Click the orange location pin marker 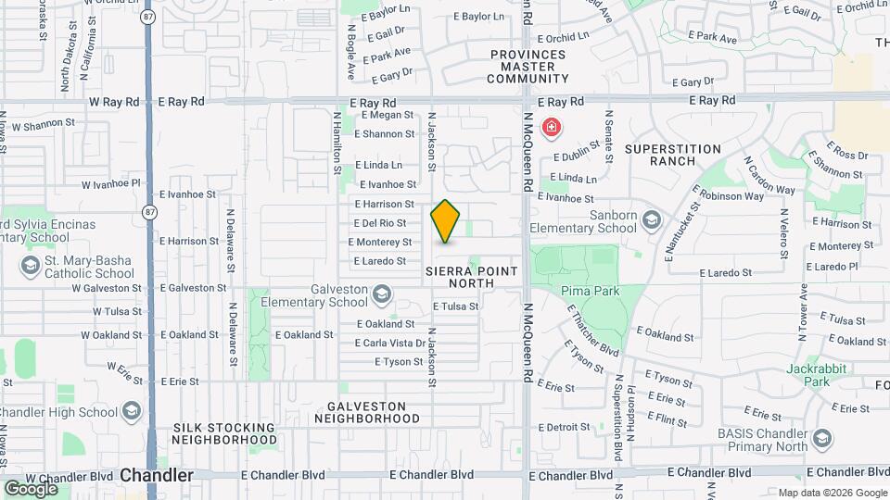pyautogui.click(x=446, y=220)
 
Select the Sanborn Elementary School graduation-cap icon pyautogui.click(x=652, y=219)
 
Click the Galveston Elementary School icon pyautogui.click(x=381, y=295)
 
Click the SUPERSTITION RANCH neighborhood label pyautogui.click(x=673, y=155)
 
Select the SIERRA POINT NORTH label pyautogui.click(x=471, y=276)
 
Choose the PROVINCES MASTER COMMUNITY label pyautogui.click(x=528, y=67)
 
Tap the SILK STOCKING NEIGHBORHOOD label pyautogui.click(x=224, y=433)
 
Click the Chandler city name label pyautogui.click(x=157, y=475)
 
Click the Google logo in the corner pyautogui.click(x=31, y=488)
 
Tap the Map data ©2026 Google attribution pyautogui.click(x=832, y=493)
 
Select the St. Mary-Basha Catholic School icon pyautogui.click(x=29, y=267)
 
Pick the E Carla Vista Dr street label pyautogui.click(x=390, y=343)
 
